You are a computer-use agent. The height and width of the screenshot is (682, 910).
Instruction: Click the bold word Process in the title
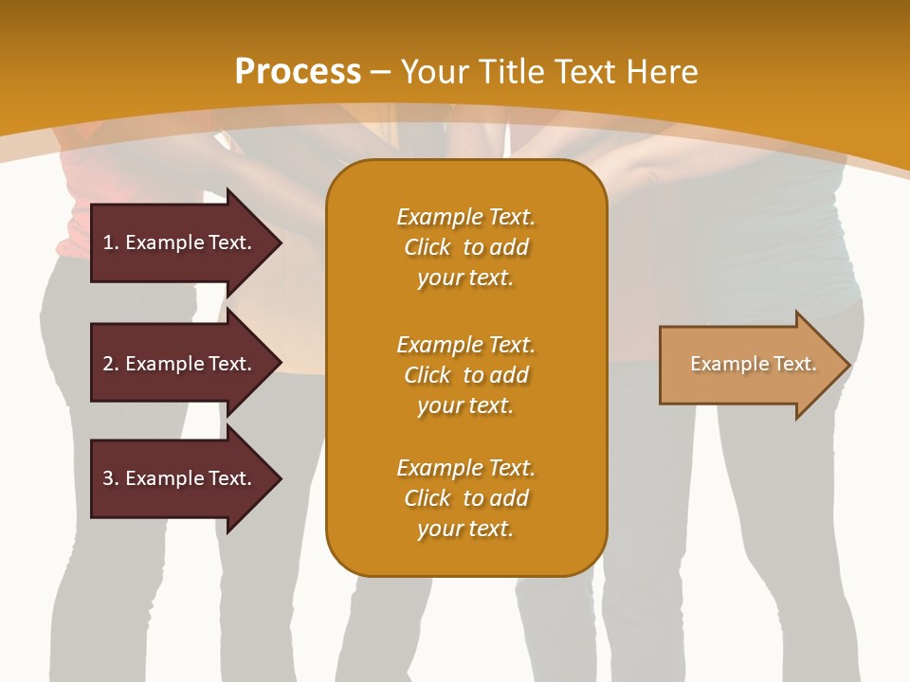[x=298, y=72]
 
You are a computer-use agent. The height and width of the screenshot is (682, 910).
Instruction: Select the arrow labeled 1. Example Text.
[x=180, y=242]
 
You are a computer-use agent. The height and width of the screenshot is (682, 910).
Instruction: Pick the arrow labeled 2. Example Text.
[x=180, y=364]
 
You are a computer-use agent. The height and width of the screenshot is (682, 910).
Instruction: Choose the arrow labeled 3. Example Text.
[x=180, y=478]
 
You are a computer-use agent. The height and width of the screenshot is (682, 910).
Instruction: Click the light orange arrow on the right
[x=749, y=364]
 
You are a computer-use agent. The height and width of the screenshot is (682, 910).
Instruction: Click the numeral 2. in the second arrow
[x=110, y=364]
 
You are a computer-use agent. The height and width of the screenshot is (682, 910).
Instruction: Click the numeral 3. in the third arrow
[x=110, y=478]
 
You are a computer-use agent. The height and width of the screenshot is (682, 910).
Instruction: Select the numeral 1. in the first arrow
[x=110, y=242]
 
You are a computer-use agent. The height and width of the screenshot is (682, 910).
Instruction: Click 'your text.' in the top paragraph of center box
[x=465, y=278]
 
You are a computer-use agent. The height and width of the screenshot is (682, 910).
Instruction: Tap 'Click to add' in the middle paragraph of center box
[x=465, y=375]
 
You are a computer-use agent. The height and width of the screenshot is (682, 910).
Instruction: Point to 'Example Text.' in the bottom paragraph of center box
[x=465, y=468]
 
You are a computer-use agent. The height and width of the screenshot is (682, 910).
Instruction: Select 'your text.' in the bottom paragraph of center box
[x=465, y=529]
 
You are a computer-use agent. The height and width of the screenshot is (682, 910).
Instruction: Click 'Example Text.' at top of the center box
[x=465, y=217]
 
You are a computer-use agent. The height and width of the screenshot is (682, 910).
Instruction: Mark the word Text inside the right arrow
[x=794, y=364]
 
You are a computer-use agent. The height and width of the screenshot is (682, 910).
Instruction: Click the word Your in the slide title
[x=432, y=72]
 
